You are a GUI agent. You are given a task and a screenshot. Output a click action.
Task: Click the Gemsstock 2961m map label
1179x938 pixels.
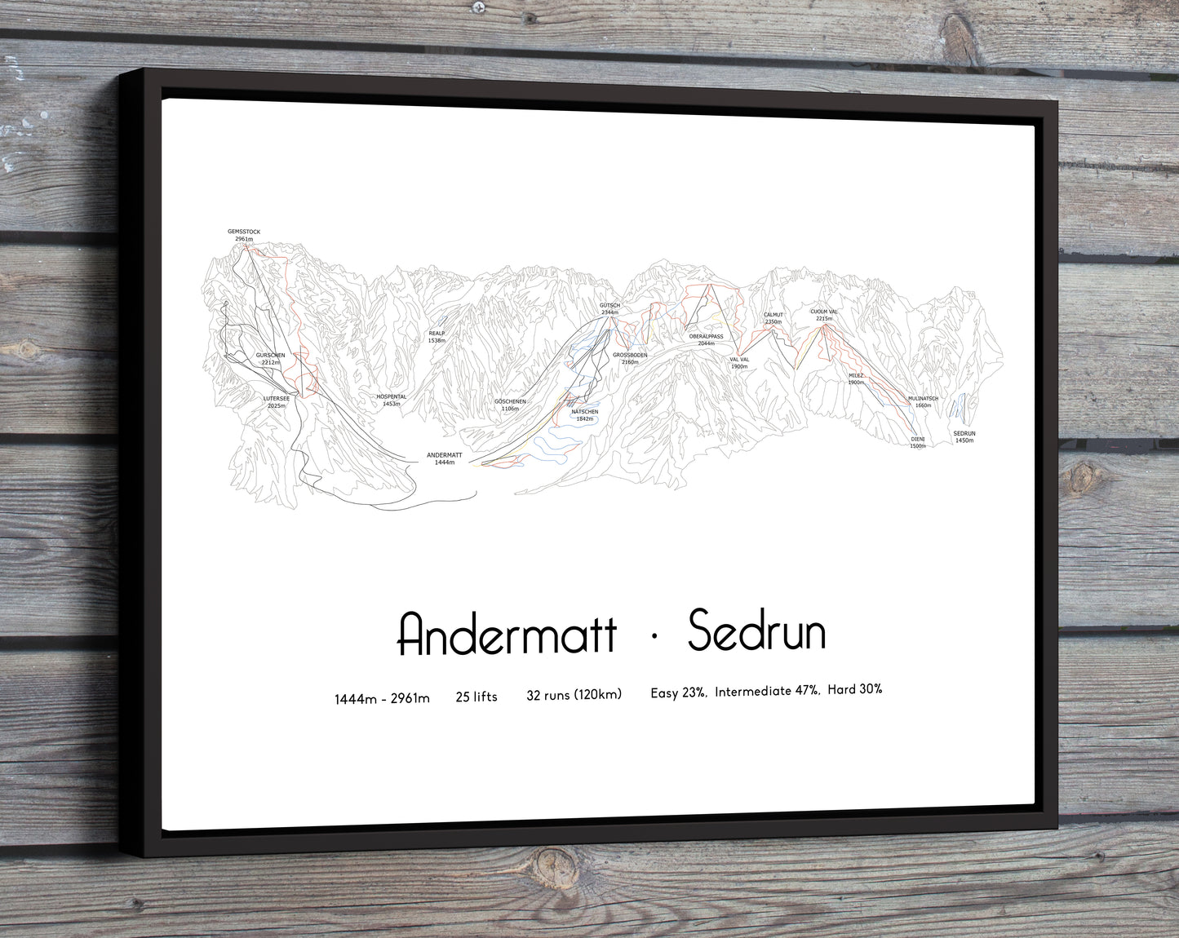pyautogui.click(x=244, y=235)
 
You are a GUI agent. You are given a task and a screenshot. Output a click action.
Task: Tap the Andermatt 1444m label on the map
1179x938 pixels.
pyautogui.click(x=444, y=458)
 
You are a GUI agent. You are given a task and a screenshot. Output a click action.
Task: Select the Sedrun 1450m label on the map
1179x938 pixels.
pyautogui.click(x=964, y=437)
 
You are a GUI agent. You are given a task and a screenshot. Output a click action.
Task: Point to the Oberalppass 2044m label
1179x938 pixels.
pyautogui.click(x=706, y=339)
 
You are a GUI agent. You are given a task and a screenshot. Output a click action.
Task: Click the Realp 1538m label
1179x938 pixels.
pyautogui.click(x=437, y=336)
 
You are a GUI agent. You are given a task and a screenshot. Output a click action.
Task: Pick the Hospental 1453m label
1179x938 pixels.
pyautogui.click(x=391, y=400)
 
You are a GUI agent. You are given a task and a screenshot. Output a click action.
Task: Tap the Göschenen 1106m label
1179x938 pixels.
pyautogui.click(x=510, y=405)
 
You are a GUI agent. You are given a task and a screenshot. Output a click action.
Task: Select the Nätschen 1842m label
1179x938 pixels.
pyautogui.click(x=584, y=415)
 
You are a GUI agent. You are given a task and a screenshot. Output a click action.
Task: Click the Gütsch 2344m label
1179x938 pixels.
pyautogui.click(x=609, y=308)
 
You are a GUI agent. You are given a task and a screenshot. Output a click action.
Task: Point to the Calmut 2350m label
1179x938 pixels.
pyautogui.click(x=773, y=318)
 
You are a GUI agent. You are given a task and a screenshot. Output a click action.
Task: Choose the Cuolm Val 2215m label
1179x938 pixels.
pyautogui.click(x=824, y=315)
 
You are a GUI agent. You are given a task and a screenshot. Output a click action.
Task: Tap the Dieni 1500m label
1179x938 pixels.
pyautogui.click(x=918, y=442)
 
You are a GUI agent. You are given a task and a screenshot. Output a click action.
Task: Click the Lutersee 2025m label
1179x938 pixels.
pyautogui.click(x=277, y=401)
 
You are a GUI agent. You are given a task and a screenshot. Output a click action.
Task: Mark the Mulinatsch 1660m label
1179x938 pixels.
pyautogui.click(x=923, y=401)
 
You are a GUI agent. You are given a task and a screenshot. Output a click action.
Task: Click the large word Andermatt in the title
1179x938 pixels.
pyautogui.click(x=507, y=635)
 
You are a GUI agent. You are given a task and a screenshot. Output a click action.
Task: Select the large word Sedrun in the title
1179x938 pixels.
pyautogui.click(x=756, y=631)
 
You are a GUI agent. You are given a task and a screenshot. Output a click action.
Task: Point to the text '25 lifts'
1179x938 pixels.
pyautogui.click(x=476, y=697)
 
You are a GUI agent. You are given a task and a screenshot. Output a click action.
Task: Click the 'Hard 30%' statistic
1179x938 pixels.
pyautogui.click(x=854, y=689)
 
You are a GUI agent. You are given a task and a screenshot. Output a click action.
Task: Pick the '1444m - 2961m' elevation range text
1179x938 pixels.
pyautogui.click(x=382, y=699)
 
